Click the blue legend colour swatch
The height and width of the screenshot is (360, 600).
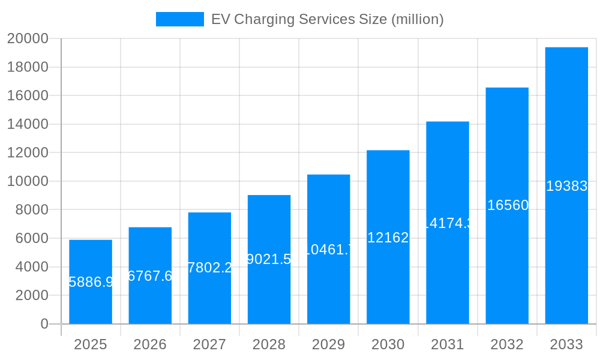[x=179, y=19]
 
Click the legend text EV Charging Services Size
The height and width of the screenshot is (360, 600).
[x=327, y=19]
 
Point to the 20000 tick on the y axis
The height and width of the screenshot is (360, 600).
[x=28, y=38]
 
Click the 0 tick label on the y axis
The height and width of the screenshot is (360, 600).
[x=44, y=324]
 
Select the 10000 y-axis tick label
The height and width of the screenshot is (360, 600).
[x=28, y=181]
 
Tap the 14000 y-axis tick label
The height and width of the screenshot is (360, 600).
[x=28, y=124]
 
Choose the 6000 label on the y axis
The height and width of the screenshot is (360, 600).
[x=31, y=238]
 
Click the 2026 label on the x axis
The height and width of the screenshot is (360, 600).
[x=150, y=344]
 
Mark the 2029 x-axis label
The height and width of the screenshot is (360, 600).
[x=328, y=344]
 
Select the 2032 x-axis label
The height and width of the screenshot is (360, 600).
[x=507, y=344]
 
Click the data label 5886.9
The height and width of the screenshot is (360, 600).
[x=91, y=282]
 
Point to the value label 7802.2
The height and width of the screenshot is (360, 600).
[x=209, y=268]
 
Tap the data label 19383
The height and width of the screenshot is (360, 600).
[x=566, y=186]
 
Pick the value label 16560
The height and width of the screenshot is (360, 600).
[x=508, y=205]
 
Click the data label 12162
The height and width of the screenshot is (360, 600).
[x=388, y=238]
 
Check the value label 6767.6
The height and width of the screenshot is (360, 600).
[x=150, y=275]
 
